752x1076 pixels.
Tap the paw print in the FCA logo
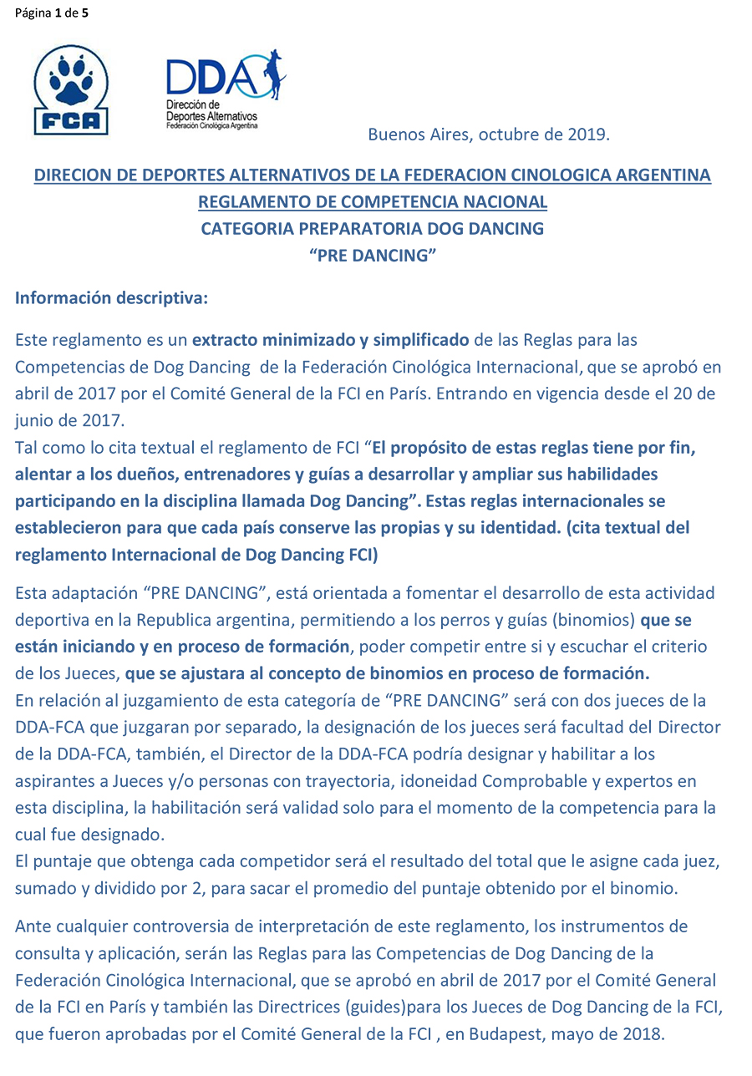71,84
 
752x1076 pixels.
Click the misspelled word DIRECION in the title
71,175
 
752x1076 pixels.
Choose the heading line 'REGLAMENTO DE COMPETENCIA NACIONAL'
373,202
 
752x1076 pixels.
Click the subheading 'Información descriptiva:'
111,298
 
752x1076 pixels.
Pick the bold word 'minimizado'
305,340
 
